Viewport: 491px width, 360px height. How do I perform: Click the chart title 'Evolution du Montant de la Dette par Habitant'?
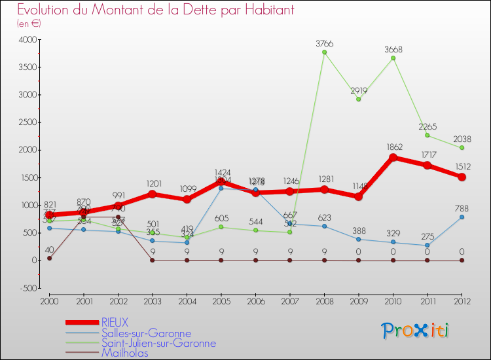[x=155, y=10]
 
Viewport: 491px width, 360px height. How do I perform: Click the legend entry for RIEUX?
[x=115, y=323]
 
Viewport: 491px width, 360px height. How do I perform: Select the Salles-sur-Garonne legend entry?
[x=146, y=333]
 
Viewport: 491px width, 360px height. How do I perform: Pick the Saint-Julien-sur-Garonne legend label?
[x=158, y=343]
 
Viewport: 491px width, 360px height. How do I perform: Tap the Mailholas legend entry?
[x=124, y=353]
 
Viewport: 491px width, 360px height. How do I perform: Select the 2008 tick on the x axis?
[x=324, y=300]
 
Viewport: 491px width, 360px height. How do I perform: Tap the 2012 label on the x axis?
[x=462, y=300]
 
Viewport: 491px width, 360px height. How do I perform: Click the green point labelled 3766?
[x=324, y=52]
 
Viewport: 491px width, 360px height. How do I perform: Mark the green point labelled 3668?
[x=393, y=58]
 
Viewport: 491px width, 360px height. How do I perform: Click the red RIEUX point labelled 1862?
[x=393, y=157]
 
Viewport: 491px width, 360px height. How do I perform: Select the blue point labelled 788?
[x=462, y=217]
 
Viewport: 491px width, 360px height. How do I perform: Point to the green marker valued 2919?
[x=359, y=99]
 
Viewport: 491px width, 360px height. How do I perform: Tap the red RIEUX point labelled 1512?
[x=462, y=177]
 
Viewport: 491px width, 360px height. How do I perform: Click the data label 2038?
[x=462, y=139]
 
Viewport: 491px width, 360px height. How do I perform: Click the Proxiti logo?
[x=416, y=331]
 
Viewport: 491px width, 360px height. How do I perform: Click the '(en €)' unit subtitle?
[x=29, y=24]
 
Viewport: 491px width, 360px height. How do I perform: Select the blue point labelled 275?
[x=428, y=245]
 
